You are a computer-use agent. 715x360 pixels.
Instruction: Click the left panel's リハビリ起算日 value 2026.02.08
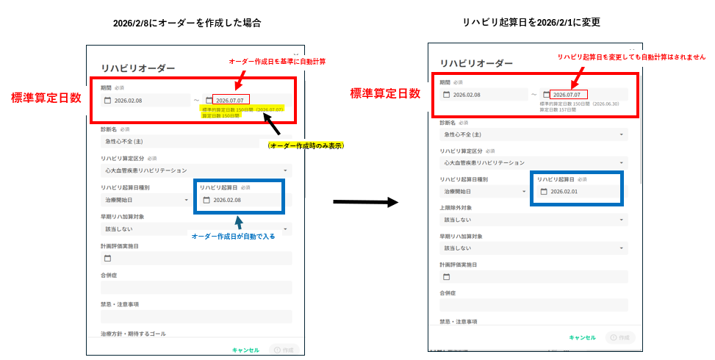(x=227, y=200)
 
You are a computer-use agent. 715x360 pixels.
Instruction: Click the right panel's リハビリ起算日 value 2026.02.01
(x=564, y=192)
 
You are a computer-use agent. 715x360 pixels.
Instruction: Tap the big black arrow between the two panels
(x=365, y=201)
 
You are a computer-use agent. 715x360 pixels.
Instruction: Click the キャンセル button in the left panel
(x=245, y=350)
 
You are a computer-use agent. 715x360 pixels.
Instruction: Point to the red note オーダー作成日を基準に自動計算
(x=277, y=61)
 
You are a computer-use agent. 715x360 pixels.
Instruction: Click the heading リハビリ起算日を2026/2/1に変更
(x=531, y=23)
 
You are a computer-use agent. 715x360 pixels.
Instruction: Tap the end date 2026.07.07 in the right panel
(x=567, y=95)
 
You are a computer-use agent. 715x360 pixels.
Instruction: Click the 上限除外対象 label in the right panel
(x=460, y=207)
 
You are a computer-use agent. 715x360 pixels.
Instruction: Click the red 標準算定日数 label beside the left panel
(x=46, y=98)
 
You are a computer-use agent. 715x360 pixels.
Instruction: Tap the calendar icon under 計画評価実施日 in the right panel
(x=446, y=277)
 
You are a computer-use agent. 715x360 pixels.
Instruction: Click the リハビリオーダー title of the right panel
(x=477, y=65)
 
